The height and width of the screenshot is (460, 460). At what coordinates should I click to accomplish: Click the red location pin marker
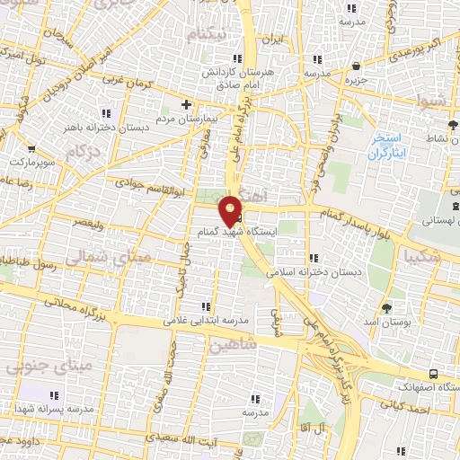point(231,209)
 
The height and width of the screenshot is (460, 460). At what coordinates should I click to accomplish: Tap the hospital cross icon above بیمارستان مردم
point(187,102)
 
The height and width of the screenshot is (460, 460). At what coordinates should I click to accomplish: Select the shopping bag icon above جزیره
point(358,66)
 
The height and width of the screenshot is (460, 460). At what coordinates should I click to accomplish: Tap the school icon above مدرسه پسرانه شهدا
point(54,394)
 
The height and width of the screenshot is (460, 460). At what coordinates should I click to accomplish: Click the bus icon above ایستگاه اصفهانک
point(434,373)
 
